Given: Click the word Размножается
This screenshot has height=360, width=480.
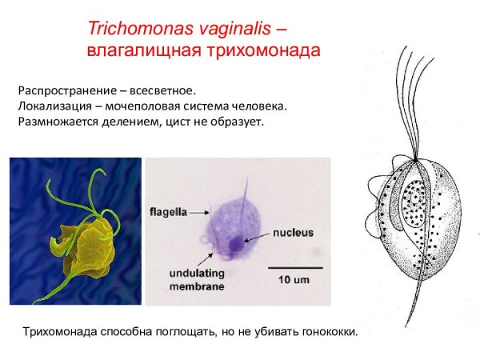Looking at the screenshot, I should tap(57, 122).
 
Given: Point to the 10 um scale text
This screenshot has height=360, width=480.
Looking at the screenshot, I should tap(294, 280).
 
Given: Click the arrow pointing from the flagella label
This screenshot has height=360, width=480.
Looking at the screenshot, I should tap(198, 213).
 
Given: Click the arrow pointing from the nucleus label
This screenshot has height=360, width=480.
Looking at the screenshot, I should tap(258, 237).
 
